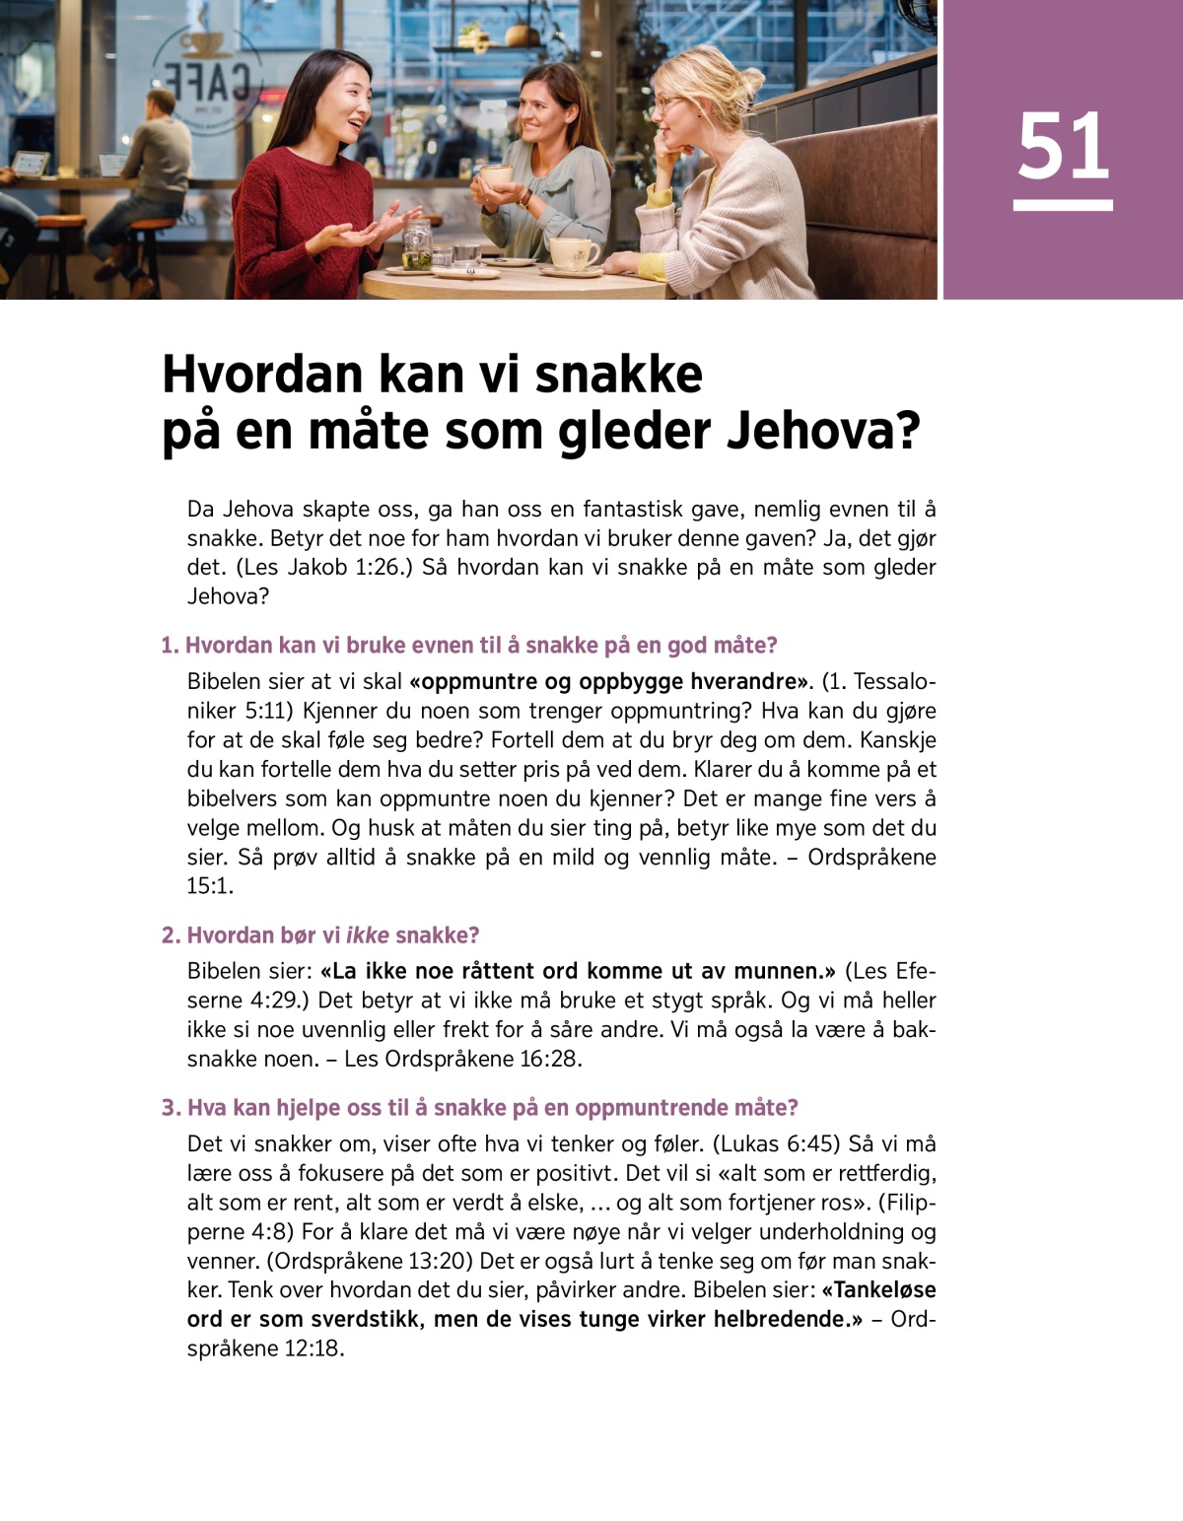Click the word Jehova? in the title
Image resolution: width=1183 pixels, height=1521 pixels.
tap(822, 432)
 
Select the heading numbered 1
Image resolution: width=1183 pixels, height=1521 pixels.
tap(469, 646)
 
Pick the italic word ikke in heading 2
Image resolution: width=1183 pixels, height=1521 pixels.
tap(368, 935)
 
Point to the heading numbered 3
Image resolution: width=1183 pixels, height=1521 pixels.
tap(480, 1108)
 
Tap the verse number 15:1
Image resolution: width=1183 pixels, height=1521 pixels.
tap(209, 886)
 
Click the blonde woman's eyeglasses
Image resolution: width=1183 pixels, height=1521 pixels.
tap(670, 102)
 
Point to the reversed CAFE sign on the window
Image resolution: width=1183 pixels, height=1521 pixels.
tap(207, 84)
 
